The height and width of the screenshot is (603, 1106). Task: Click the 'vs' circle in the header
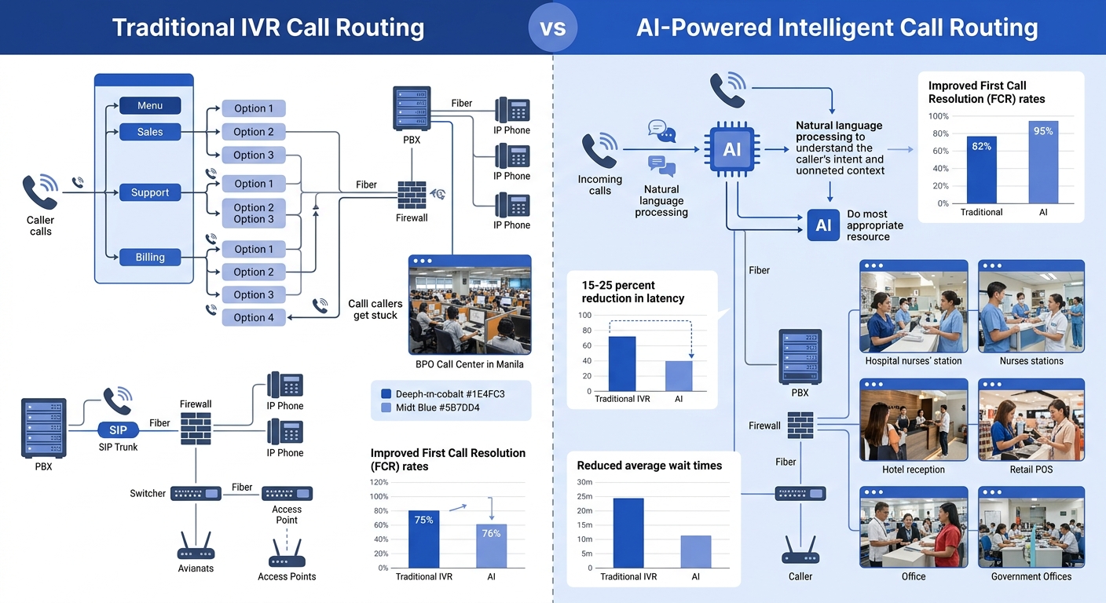pyautogui.click(x=553, y=27)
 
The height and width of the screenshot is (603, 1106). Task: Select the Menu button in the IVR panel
pyautogui.click(x=150, y=105)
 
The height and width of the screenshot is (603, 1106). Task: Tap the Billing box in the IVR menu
pyautogui.click(x=150, y=257)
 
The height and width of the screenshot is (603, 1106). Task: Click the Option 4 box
pyautogui.click(x=254, y=317)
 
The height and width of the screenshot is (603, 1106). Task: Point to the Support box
pyautogui.click(x=150, y=192)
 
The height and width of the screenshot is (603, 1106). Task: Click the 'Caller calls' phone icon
pyautogui.click(x=40, y=192)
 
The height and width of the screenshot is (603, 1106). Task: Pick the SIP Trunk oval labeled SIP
pyautogui.click(x=119, y=429)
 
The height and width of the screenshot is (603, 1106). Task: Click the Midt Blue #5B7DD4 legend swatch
pyautogui.click(x=386, y=408)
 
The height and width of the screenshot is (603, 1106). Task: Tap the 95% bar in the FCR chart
pyautogui.click(x=1043, y=162)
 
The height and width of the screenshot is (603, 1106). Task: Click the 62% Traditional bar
pyautogui.click(x=981, y=170)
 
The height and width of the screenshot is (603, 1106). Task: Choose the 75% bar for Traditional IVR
pyautogui.click(x=424, y=539)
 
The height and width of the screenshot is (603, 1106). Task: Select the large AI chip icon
pyautogui.click(x=731, y=149)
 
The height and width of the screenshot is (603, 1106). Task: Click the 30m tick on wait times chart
pyautogui.click(x=584, y=482)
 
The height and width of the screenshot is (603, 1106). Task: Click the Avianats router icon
pyautogui.click(x=196, y=546)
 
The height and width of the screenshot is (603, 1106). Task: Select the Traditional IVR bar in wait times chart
pyautogui.click(x=628, y=532)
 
